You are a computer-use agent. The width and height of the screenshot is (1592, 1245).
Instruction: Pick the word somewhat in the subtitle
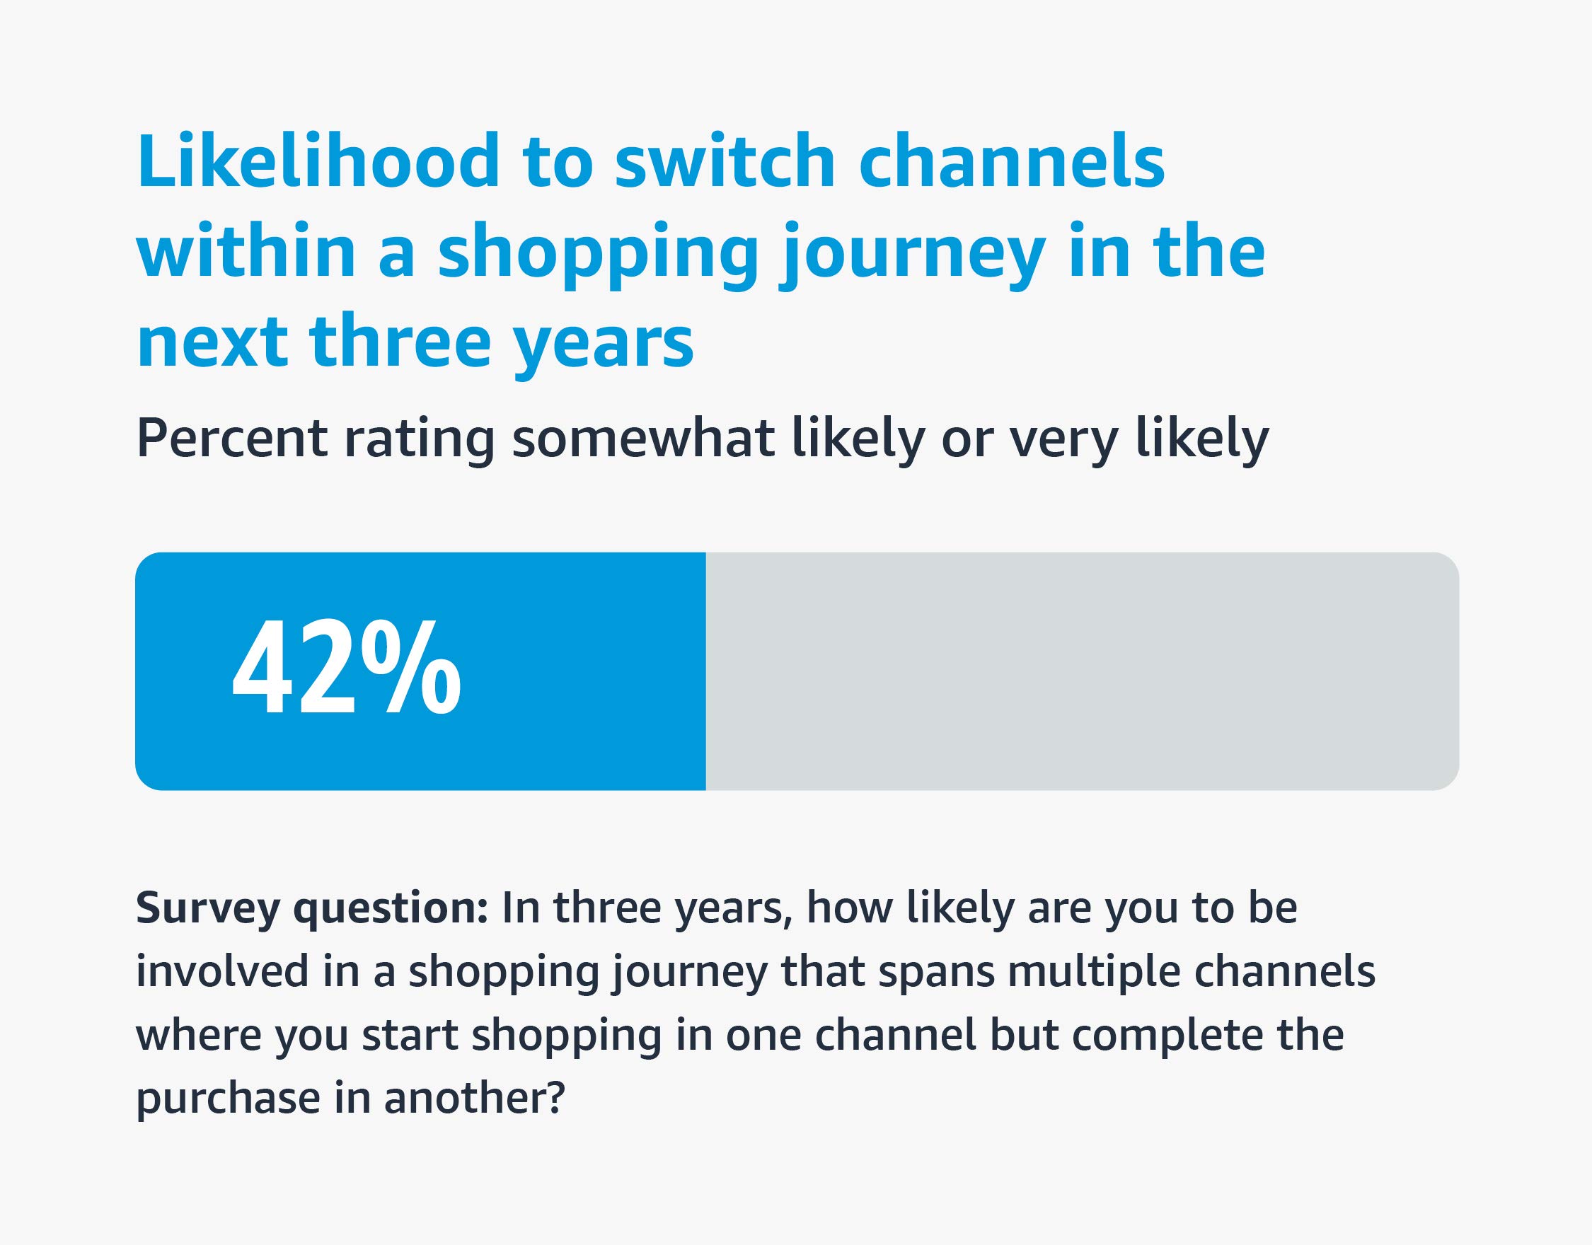643,439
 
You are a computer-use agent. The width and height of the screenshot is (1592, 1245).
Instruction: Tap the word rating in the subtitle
420,439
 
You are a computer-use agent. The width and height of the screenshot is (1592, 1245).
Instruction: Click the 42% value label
346,667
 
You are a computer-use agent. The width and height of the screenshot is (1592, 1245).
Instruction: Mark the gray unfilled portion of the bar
1079,671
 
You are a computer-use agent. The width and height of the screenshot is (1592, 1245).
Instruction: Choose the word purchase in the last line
228,1098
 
